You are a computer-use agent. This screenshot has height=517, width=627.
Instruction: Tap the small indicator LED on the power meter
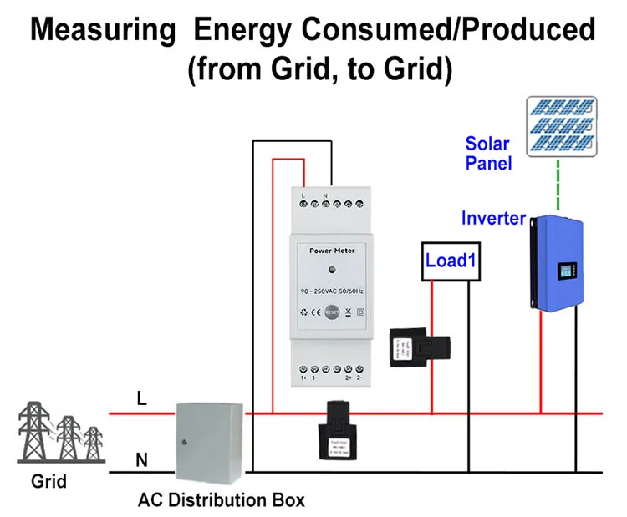(333, 270)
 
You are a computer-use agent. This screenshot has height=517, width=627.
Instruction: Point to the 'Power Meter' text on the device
(333, 250)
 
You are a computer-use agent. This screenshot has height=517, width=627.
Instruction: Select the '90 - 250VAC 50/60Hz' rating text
(333, 290)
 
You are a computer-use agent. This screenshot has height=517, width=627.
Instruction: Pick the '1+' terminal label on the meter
(303, 378)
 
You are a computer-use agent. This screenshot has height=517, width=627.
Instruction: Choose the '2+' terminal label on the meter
(348, 378)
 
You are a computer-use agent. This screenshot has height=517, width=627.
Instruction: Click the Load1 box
(451, 261)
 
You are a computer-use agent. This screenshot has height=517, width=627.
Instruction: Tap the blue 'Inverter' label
(493, 220)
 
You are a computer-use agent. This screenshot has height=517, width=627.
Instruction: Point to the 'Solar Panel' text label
(487, 154)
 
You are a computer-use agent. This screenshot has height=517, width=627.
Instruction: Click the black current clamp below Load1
(421, 346)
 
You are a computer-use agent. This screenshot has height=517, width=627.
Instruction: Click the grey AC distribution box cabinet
(208, 440)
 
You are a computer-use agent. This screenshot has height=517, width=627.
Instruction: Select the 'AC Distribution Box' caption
(221, 501)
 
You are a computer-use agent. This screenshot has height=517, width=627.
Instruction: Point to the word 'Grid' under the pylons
(48, 482)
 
